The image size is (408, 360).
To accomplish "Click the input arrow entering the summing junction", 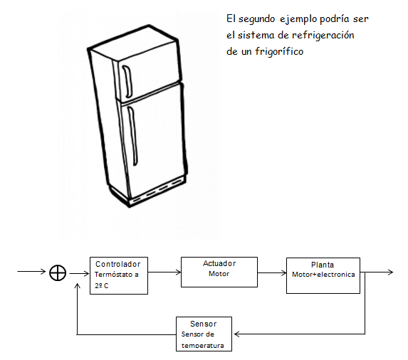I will (33, 272).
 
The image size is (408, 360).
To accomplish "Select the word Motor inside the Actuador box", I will (219, 274).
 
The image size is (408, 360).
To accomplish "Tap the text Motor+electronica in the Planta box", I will (323, 274).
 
